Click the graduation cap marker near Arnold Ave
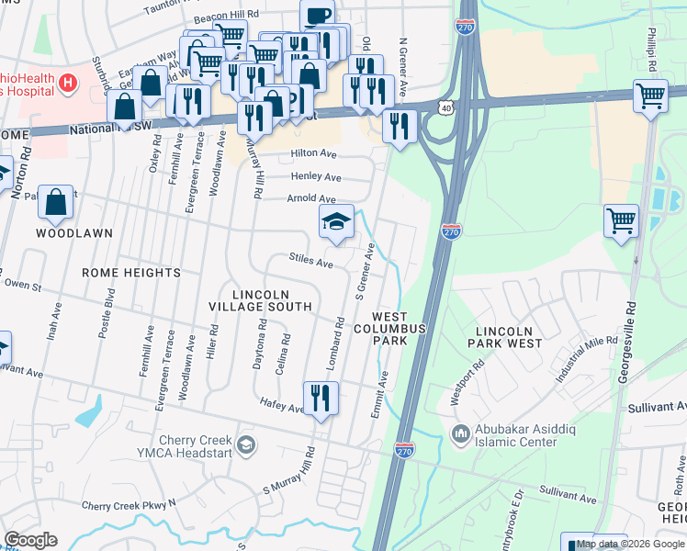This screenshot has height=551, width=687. click(x=336, y=221)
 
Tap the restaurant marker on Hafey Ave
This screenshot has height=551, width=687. click(x=321, y=399)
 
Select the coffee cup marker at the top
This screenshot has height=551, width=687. click(x=318, y=16)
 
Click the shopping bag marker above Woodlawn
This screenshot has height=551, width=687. click(x=55, y=203)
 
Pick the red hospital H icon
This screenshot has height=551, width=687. click(x=66, y=84)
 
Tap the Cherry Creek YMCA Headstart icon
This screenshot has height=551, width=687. click(x=245, y=445)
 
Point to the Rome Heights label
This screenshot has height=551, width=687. click(x=131, y=273)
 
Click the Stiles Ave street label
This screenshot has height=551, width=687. click(x=311, y=262)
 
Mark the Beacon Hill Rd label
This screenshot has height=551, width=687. click(x=225, y=16)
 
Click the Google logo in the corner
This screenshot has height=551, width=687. click(x=30, y=540)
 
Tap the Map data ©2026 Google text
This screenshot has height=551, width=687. click(x=630, y=544)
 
